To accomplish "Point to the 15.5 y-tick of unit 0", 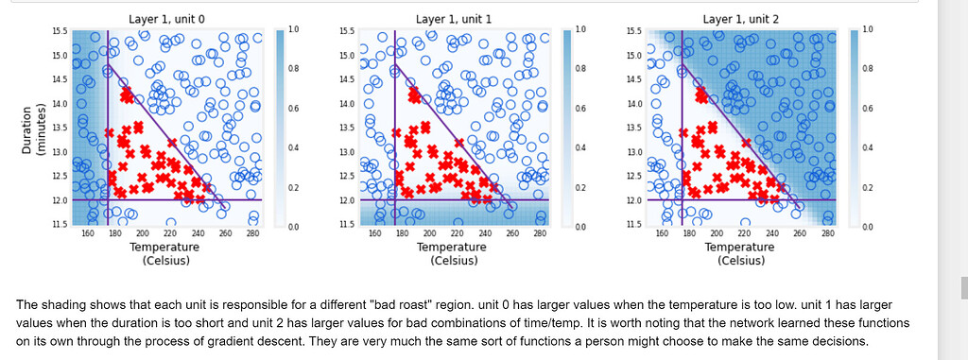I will point(60,31).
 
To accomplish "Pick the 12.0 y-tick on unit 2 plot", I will point(634,200).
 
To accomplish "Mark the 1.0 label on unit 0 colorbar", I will point(292,30).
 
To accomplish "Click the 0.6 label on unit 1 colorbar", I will point(579,109).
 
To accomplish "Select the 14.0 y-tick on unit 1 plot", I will point(347,103).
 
